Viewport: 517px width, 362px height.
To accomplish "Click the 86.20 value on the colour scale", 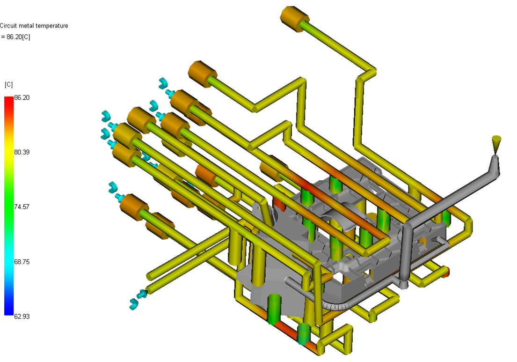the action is [22, 98].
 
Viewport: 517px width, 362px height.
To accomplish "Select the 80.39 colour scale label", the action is [22, 152].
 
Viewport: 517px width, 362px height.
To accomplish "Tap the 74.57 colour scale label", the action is [22, 207].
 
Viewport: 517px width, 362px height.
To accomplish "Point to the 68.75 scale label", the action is [22, 262].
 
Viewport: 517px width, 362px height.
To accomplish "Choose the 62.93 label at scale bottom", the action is [22, 317].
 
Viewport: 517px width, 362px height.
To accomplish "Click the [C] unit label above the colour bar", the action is [8, 85].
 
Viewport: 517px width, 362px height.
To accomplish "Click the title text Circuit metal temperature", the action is [34, 26].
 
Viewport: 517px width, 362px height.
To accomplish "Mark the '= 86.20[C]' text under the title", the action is [15, 37].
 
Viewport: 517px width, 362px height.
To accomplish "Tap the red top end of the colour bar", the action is [9, 98].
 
